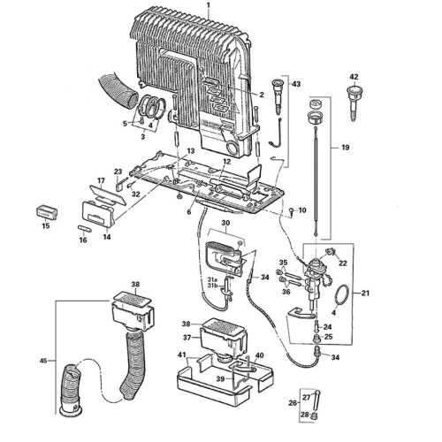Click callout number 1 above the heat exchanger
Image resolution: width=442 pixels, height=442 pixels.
209,5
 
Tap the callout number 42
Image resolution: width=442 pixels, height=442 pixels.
354,77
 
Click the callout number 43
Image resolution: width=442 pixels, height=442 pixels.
295,84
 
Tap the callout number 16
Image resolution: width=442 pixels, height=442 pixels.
83,240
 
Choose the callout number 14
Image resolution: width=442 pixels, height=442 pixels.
106,237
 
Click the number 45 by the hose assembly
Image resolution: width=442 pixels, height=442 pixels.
44,361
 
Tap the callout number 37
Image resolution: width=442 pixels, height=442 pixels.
187,337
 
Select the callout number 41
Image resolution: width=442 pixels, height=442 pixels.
182,354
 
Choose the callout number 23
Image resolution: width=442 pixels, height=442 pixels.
118,171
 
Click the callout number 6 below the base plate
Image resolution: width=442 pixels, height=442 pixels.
188,212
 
